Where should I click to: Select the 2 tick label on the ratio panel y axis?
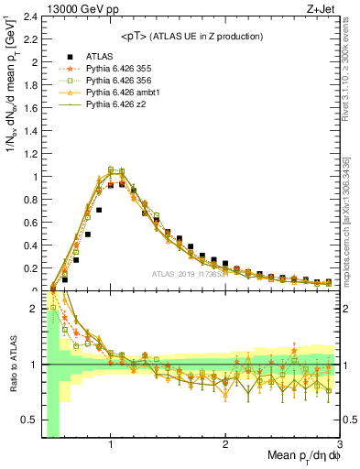[x=32, y=309]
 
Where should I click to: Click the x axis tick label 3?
[x=340, y=444]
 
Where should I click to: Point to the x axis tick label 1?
[x=111, y=444]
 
